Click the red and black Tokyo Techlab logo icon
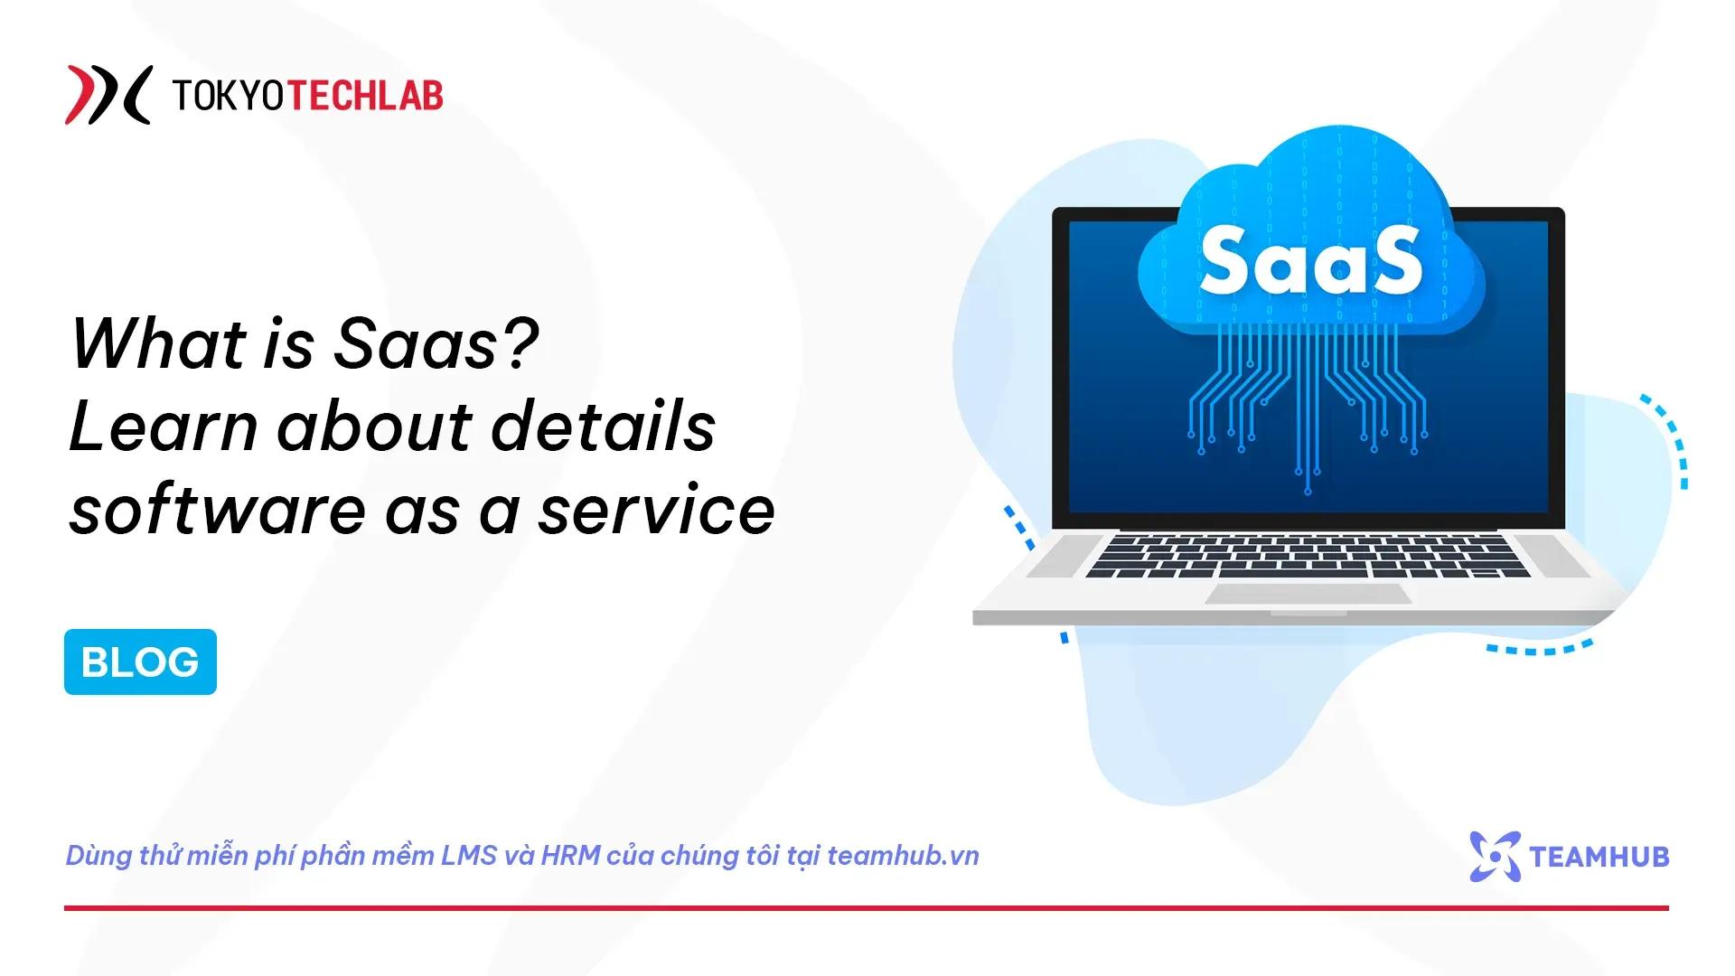click(108, 94)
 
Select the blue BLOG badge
click(140, 662)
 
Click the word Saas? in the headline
click(437, 343)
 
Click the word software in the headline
click(218, 510)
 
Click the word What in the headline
click(159, 343)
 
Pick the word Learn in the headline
click(164, 427)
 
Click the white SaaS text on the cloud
click(1311, 260)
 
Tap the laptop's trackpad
click(1308, 594)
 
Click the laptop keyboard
click(1308, 556)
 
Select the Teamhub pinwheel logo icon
click(1495, 856)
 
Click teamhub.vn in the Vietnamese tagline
click(903, 856)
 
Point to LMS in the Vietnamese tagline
click(469, 856)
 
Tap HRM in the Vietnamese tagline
click(570, 856)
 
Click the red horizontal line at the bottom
click(867, 907)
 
